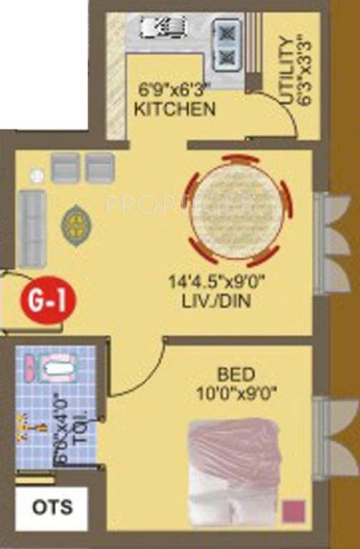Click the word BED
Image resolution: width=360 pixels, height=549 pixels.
234,374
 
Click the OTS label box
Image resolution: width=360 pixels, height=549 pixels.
52,508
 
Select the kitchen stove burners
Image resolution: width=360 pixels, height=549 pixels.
226,44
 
